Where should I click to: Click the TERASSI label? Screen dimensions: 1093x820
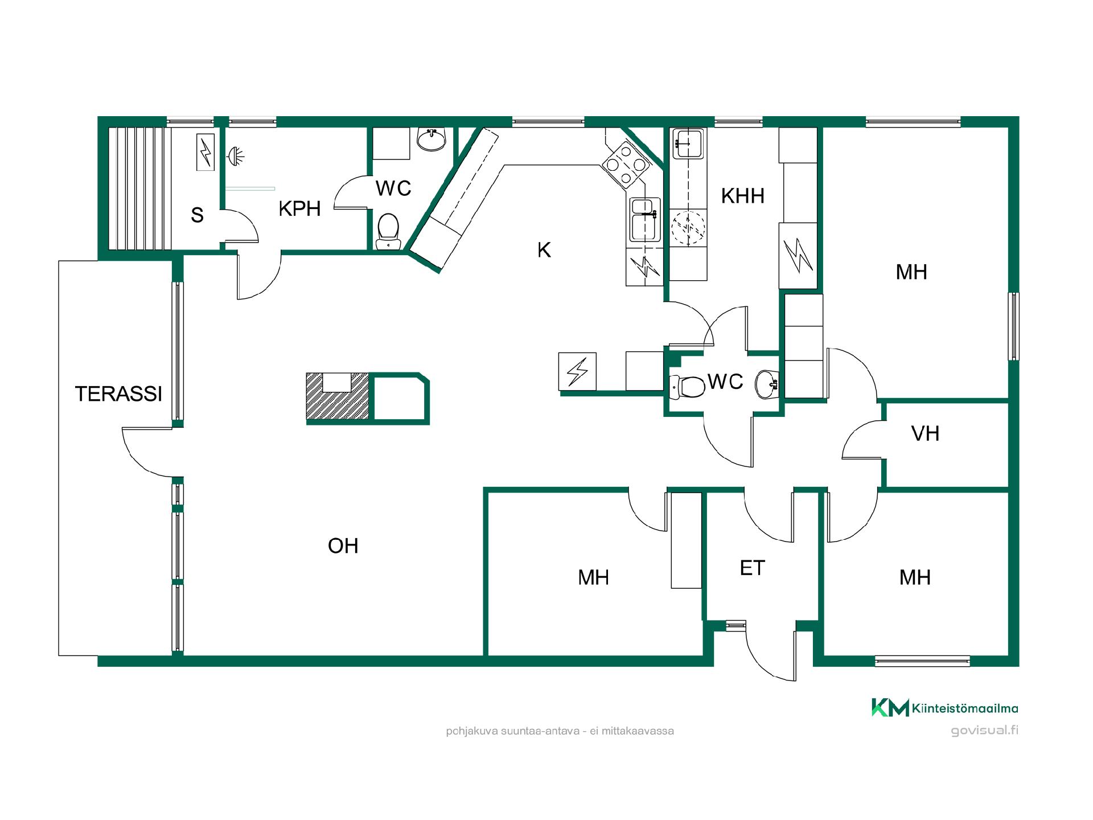tap(118, 394)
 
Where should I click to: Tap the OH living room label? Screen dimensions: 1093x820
tap(343, 546)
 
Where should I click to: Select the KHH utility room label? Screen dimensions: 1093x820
tap(742, 196)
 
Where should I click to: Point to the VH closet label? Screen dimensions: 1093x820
tap(925, 434)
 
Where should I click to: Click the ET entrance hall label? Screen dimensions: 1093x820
tap(752, 568)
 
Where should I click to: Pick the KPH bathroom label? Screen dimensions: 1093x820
tap(299, 209)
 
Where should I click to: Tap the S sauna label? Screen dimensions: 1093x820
tap(197, 215)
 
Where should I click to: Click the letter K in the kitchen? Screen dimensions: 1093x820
tap(544, 250)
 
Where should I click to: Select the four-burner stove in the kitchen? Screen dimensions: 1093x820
tap(626, 165)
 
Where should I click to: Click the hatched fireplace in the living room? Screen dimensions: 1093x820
tap(338, 396)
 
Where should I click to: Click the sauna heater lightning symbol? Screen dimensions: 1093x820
tap(206, 152)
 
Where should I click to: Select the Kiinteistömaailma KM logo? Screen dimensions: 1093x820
tap(890, 708)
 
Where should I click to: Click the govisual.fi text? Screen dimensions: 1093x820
tap(984, 731)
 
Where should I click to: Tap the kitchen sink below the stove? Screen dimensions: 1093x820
tap(644, 220)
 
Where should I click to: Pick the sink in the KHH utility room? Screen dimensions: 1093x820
tap(688, 143)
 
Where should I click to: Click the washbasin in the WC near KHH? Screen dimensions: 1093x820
tap(766, 384)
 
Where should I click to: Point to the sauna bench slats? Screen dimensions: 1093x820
tap(140, 188)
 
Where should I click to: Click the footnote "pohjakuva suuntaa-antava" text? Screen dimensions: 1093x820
tap(512, 731)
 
